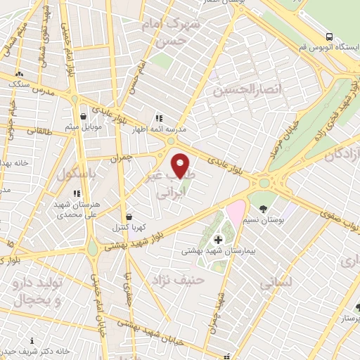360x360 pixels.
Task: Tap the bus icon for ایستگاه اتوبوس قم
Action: click(x=329, y=37)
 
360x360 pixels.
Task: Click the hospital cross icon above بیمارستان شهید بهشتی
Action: click(x=218, y=240)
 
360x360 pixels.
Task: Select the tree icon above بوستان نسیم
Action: click(x=263, y=209)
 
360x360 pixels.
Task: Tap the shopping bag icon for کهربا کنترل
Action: click(x=128, y=217)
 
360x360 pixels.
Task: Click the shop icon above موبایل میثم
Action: click(x=83, y=116)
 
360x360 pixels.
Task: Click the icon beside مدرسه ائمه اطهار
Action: click(x=160, y=119)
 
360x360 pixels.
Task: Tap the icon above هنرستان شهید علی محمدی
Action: click(x=77, y=193)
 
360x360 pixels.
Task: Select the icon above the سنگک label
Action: click(x=20, y=74)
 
